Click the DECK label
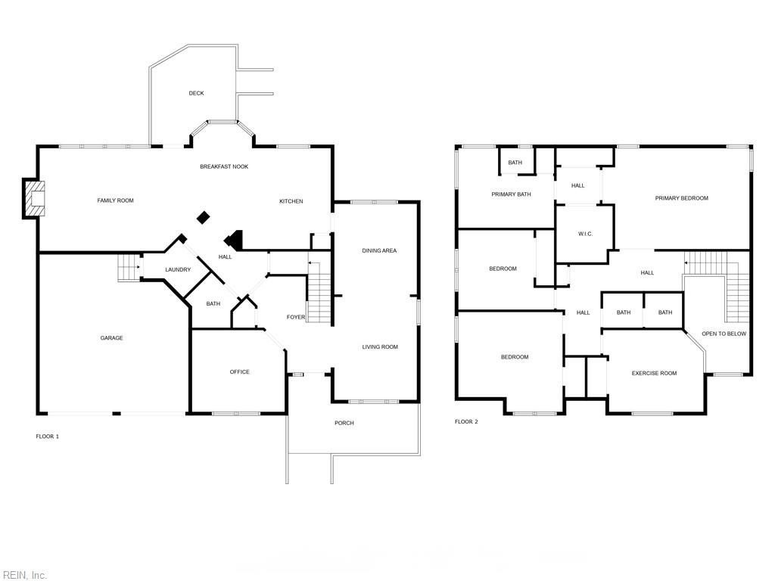(x=196, y=93)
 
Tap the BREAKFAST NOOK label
(x=224, y=166)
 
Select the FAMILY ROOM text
(x=115, y=200)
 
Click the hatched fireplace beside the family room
(x=33, y=198)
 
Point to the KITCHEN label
(x=291, y=201)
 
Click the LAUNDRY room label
(x=178, y=270)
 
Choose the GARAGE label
(x=112, y=338)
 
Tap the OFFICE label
(x=240, y=372)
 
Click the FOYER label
(x=296, y=317)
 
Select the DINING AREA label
(x=379, y=250)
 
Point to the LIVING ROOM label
(x=380, y=346)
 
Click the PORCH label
(x=344, y=423)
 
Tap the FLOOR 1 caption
(x=48, y=437)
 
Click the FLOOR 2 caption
(x=466, y=421)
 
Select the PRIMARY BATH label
(x=511, y=194)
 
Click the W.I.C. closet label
(x=585, y=234)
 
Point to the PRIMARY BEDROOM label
(x=682, y=198)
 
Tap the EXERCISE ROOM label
(x=654, y=373)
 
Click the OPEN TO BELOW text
(x=724, y=334)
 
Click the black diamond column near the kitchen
(x=203, y=217)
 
